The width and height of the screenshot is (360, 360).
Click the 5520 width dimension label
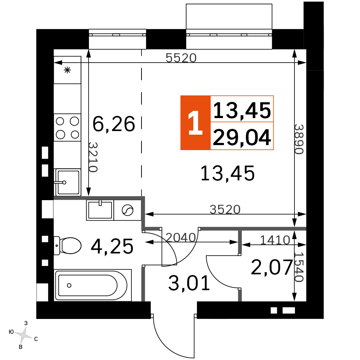point(181,58)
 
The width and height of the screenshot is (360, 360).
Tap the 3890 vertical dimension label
point(299,139)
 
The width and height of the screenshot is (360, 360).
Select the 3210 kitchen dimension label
point(93,157)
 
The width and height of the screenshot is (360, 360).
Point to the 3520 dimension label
point(225,210)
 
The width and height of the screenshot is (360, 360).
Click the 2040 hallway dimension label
point(181,237)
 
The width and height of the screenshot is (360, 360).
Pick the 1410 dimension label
point(275,240)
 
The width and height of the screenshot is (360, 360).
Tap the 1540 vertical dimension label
point(299,267)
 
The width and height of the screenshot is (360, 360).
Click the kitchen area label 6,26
point(114,124)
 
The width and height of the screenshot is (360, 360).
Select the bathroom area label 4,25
point(112,246)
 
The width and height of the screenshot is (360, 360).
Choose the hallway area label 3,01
point(189,283)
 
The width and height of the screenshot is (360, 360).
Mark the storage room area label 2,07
point(272,267)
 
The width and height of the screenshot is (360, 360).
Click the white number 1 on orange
point(195,123)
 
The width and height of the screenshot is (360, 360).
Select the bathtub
point(93,285)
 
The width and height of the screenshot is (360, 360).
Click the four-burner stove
point(68,128)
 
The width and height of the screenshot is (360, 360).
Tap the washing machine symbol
point(128,210)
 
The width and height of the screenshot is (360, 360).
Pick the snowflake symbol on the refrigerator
point(67,70)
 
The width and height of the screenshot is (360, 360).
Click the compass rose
point(23,335)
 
